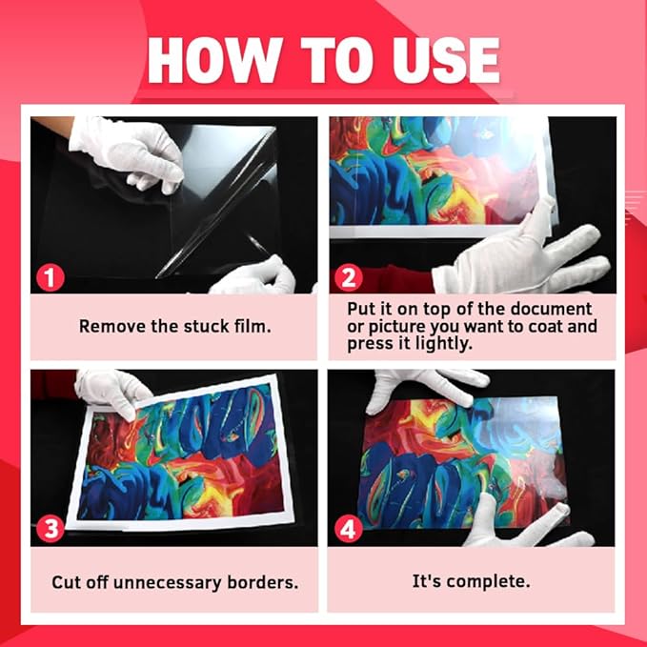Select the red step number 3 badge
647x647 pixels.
(x=50, y=529)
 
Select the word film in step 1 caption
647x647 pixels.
(x=252, y=326)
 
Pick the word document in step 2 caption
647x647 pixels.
(x=541, y=309)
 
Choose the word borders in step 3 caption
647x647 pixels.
(x=264, y=580)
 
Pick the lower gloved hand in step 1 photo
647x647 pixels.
(x=253, y=276)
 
